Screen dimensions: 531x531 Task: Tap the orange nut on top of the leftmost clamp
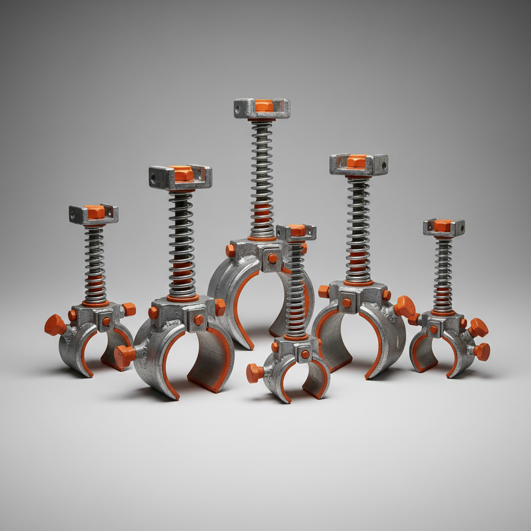[94, 212]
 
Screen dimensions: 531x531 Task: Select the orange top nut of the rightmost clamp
[443, 225]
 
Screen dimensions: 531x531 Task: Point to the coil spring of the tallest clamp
[262, 176]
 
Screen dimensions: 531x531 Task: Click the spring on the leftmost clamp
[95, 264]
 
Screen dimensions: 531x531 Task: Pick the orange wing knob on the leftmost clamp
[54, 325]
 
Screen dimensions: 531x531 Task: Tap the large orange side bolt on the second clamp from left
[125, 356]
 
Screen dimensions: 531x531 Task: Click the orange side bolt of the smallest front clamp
[255, 373]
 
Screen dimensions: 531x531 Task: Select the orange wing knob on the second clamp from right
[404, 307]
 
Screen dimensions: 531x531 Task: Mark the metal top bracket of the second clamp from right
[358, 164]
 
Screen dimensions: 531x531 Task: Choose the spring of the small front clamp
[296, 290]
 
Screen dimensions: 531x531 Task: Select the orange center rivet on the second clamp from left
[199, 320]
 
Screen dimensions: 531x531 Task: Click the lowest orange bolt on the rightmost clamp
[482, 352]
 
